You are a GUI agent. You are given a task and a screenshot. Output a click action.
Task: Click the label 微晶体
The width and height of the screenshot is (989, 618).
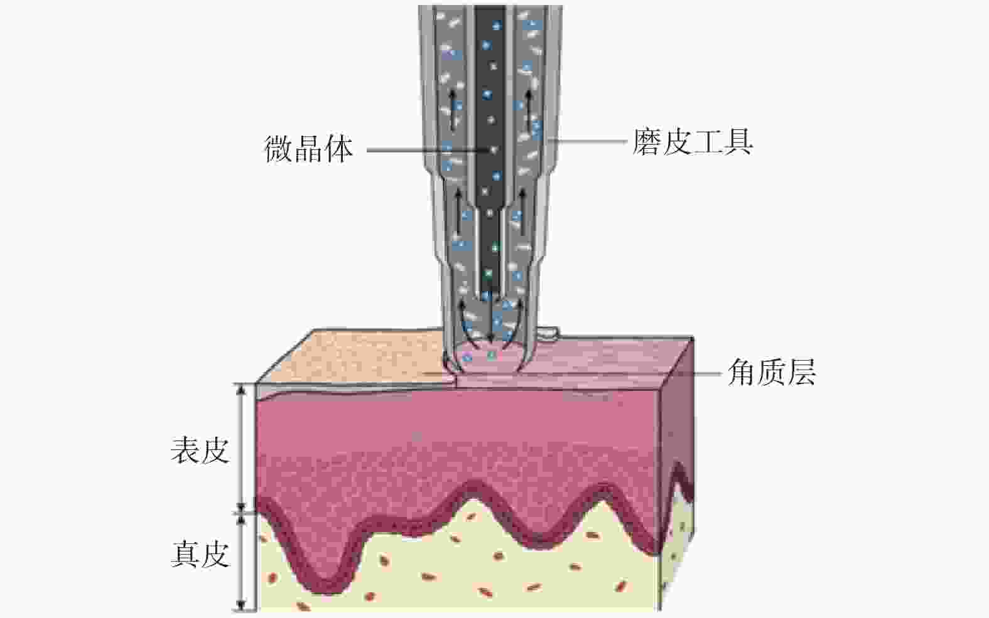click(308, 149)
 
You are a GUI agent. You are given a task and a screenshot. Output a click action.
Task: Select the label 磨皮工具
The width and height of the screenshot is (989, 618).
click(693, 142)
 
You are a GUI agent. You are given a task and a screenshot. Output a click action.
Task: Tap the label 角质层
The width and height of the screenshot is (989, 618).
click(771, 372)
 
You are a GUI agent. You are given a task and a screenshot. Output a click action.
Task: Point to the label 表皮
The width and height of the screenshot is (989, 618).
click(200, 450)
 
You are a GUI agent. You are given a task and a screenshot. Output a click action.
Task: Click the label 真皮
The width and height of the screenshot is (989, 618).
click(200, 555)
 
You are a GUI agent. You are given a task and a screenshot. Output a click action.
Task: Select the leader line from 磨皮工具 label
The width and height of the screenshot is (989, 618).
click(588, 142)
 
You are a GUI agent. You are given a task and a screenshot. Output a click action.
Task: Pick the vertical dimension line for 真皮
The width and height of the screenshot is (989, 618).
click(241, 562)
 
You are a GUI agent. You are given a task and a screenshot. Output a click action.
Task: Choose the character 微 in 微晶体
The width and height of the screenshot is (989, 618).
click(279, 149)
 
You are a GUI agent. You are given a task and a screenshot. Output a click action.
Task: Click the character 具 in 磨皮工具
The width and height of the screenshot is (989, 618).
click(738, 142)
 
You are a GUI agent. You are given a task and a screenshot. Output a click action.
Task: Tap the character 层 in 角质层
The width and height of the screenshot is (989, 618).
click(801, 372)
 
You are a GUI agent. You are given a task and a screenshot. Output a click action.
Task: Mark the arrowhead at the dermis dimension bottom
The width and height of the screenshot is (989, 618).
click(241, 605)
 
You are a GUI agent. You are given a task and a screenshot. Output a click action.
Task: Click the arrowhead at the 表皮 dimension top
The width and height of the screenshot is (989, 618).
click(241, 388)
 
